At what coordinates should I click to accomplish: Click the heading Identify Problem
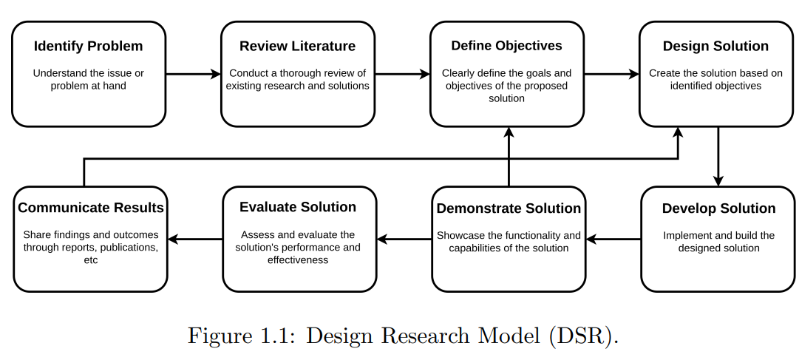click(88, 46)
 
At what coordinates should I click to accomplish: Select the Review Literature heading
click(298, 46)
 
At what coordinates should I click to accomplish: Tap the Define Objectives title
click(506, 45)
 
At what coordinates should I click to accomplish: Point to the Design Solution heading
click(715, 46)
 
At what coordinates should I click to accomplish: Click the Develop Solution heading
click(718, 208)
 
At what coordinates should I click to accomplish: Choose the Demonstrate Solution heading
click(509, 208)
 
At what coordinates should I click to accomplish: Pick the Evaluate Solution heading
click(298, 206)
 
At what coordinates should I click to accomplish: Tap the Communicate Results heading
click(91, 208)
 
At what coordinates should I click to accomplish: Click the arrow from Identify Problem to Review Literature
click(193, 75)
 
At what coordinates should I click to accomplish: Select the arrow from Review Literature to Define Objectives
click(403, 75)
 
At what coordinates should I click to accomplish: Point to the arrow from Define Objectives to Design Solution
click(611, 75)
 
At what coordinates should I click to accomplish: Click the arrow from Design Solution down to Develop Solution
click(718, 157)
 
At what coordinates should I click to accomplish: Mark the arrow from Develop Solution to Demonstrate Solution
click(613, 239)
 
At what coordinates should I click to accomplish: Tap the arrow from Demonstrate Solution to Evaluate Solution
click(404, 239)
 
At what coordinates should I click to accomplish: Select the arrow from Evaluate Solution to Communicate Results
click(195, 239)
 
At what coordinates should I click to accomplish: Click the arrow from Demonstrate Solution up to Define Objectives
click(509, 157)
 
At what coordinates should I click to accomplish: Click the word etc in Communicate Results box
click(91, 259)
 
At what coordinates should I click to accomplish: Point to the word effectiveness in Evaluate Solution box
click(298, 259)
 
